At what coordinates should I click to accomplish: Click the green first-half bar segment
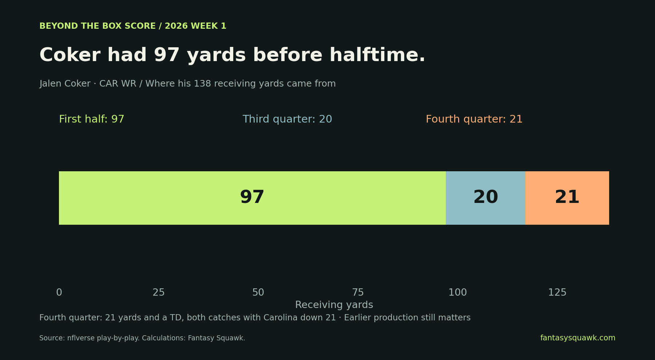point(252,198)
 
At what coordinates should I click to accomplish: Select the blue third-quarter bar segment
point(485,198)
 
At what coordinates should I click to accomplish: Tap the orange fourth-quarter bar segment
point(567,198)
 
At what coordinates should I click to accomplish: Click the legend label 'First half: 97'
point(92,119)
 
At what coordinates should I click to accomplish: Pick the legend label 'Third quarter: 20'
point(287,119)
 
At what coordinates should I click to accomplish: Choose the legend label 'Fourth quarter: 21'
point(474,119)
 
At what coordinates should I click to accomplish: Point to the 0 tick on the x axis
point(59,292)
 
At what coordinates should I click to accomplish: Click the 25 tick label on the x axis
point(159,292)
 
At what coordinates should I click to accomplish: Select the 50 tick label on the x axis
point(258,292)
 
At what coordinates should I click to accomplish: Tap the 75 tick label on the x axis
point(358,292)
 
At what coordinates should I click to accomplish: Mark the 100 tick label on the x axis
point(458,292)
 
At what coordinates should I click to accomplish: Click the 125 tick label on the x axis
point(557,292)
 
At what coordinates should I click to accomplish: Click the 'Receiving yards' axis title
point(334,305)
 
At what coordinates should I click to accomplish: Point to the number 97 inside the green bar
point(252,197)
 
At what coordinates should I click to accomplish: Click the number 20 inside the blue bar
point(486,197)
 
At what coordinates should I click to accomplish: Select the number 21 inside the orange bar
point(567,197)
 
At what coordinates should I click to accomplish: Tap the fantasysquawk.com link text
point(578,338)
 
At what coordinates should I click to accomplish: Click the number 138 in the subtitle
point(202,84)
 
